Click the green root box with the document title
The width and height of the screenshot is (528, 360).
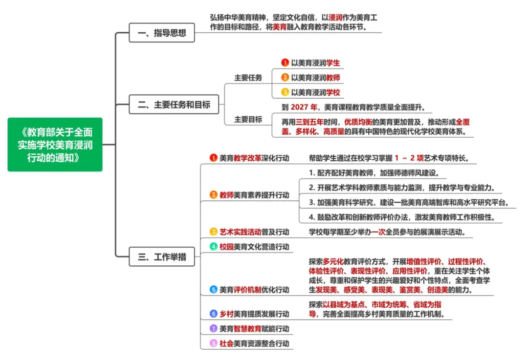coord(55,145)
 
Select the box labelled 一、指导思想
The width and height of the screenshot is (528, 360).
coord(162,33)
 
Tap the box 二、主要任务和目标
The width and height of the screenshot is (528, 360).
coord(174,105)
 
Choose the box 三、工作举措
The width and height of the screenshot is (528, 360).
coord(162,257)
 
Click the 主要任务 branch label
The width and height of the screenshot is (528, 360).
coord(248,78)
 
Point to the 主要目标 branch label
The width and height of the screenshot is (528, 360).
coord(248,119)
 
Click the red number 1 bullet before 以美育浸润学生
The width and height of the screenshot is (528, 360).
coord(285,63)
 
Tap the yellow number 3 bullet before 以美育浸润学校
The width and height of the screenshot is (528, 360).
coord(285,92)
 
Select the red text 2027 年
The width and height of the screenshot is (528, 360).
coord(304,107)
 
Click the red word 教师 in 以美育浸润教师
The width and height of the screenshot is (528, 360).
coord(333,77)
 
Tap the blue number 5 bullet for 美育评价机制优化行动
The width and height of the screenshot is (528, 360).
coord(214,290)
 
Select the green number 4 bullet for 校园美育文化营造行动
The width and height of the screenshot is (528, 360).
coord(214,247)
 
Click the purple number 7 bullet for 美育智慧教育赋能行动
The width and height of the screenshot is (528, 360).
coord(214,328)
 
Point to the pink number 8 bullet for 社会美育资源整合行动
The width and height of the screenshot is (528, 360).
coord(214,343)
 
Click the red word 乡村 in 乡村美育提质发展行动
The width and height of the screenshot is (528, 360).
coord(226,314)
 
